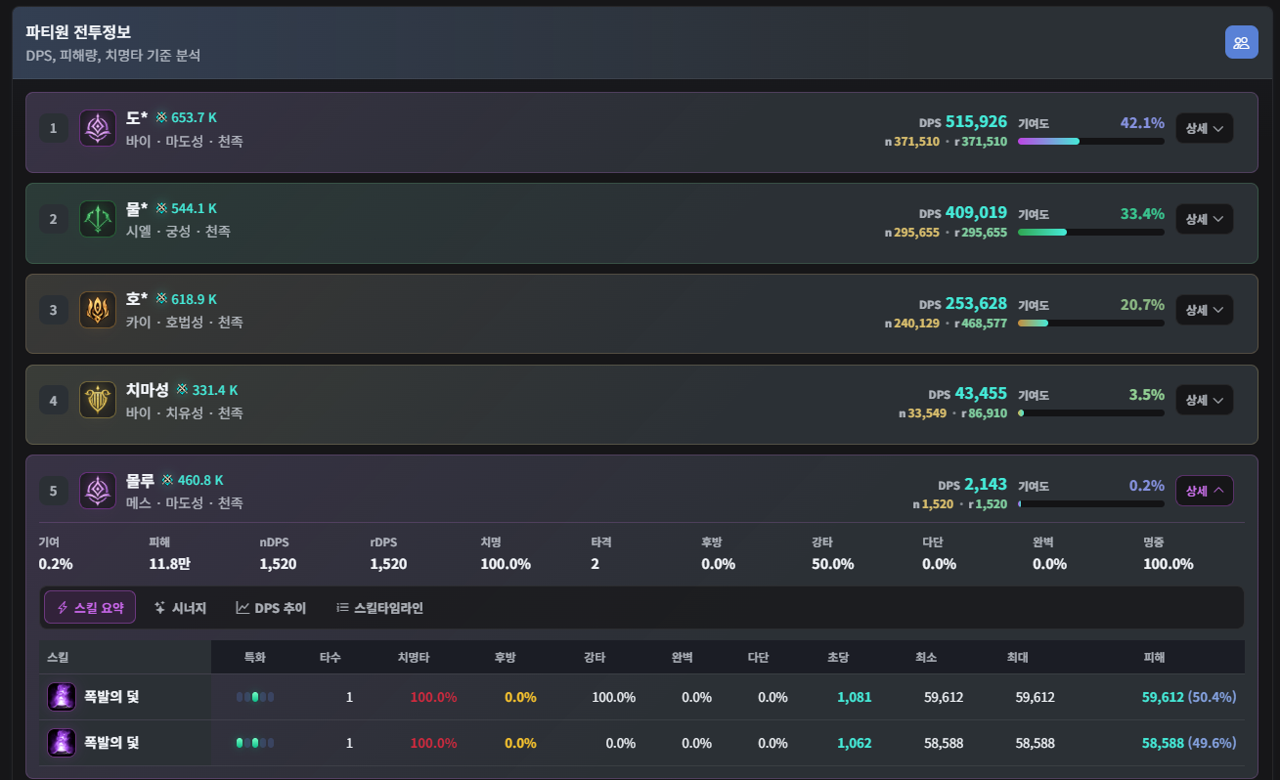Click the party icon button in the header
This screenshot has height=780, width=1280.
[1241, 42]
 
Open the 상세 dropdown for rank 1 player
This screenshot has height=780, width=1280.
[1204, 128]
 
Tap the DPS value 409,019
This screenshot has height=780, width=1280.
[976, 212]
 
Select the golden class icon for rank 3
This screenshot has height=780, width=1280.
[98, 310]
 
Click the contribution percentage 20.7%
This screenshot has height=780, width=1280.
[1142, 305]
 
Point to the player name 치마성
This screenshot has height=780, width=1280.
[148, 390]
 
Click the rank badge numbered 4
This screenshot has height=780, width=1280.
[53, 401]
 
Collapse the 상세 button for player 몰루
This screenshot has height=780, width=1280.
[1204, 491]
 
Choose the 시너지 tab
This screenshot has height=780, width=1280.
[181, 608]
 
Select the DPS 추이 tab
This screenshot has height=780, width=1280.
[272, 608]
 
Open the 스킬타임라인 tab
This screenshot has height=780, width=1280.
[380, 608]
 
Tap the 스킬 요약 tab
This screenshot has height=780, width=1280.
[90, 607]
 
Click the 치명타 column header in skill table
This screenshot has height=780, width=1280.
[414, 657]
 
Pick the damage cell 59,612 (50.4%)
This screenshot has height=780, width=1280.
[1189, 697]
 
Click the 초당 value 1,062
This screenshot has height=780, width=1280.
[855, 743]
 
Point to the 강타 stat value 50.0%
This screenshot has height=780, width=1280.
[832, 564]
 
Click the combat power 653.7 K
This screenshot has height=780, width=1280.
[194, 117]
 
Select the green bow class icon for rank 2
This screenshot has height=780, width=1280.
[98, 219]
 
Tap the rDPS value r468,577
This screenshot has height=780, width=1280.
[981, 324]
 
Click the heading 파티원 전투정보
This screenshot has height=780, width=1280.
[78, 32]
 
